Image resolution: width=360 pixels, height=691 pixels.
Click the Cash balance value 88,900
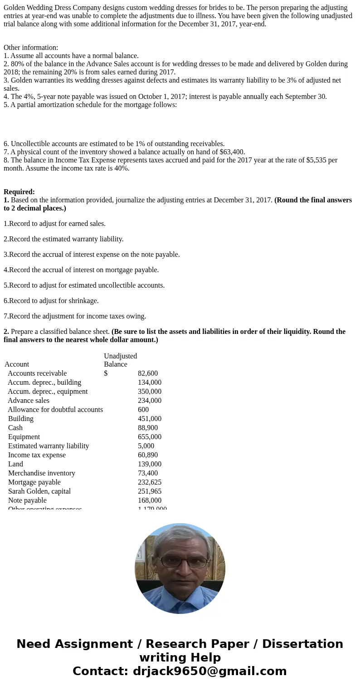[148, 427]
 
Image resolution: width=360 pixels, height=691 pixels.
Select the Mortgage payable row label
[34, 482]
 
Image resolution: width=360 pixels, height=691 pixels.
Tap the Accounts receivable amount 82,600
[148, 373]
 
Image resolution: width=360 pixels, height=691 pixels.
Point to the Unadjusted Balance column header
[120, 360]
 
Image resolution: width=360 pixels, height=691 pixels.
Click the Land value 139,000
[150, 464]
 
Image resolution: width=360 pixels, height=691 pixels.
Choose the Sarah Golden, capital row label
[39, 491]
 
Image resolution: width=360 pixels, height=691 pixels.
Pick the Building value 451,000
[150, 418]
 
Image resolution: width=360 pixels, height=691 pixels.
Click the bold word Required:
[19, 191]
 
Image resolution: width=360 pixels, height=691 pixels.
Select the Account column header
[17, 364]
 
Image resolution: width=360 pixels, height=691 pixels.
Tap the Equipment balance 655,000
[150, 436]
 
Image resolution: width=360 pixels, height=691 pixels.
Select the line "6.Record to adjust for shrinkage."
[51, 300]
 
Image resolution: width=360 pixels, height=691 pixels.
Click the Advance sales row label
[29, 400]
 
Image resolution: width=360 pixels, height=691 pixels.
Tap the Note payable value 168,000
[150, 500]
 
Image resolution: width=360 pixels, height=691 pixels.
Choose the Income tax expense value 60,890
[148, 455]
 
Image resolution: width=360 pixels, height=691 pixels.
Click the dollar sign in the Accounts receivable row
[106, 373]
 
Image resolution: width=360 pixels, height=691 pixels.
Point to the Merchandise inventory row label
[42, 473]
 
